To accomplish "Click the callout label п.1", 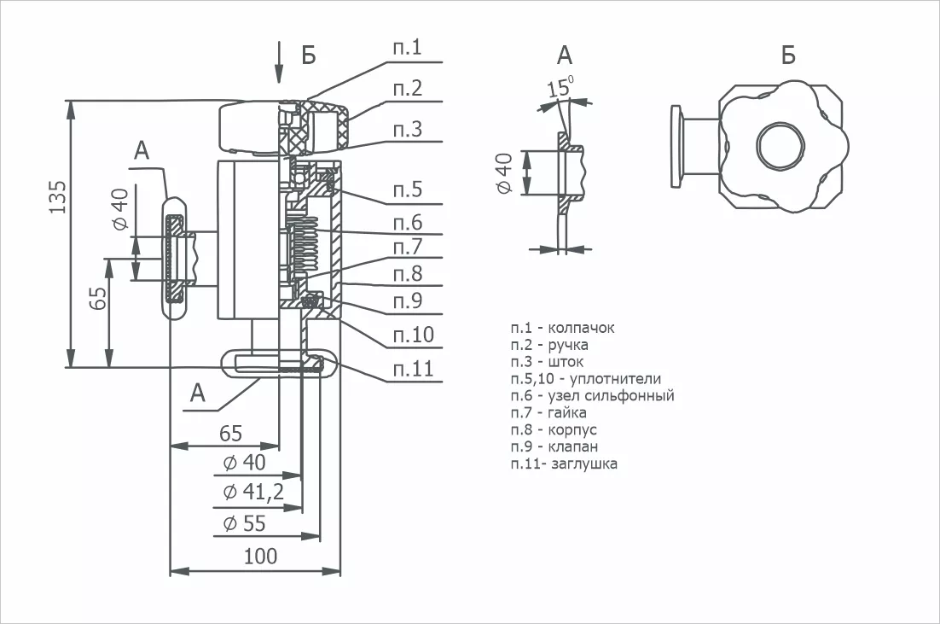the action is click(x=408, y=48).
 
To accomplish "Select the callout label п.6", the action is click(x=408, y=223).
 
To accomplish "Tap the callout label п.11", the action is click(x=413, y=369).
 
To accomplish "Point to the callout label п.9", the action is click(x=408, y=300).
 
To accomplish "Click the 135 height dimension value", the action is click(x=57, y=196).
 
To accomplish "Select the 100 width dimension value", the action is click(x=261, y=557).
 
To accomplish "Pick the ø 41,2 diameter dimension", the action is click(x=253, y=492).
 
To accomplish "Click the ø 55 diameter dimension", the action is click(x=244, y=523).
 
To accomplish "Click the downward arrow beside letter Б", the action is click(x=278, y=62).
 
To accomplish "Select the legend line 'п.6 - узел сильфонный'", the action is click(x=592, y=396).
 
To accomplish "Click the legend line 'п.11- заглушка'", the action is click(x=564, y=464).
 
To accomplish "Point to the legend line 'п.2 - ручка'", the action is click(x=549, y=346).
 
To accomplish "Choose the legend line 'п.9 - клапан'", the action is click(x=554, y=446).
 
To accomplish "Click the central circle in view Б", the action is click(x=780, y=146).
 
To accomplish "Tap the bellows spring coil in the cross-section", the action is click(x=305, y=245).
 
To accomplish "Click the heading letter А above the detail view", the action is click(x=565, y=55).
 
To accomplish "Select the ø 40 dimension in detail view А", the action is click(x=505, y=173).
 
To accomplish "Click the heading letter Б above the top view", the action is click(x=788, y=55).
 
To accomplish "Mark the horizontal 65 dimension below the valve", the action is click(x=231, y=433).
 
